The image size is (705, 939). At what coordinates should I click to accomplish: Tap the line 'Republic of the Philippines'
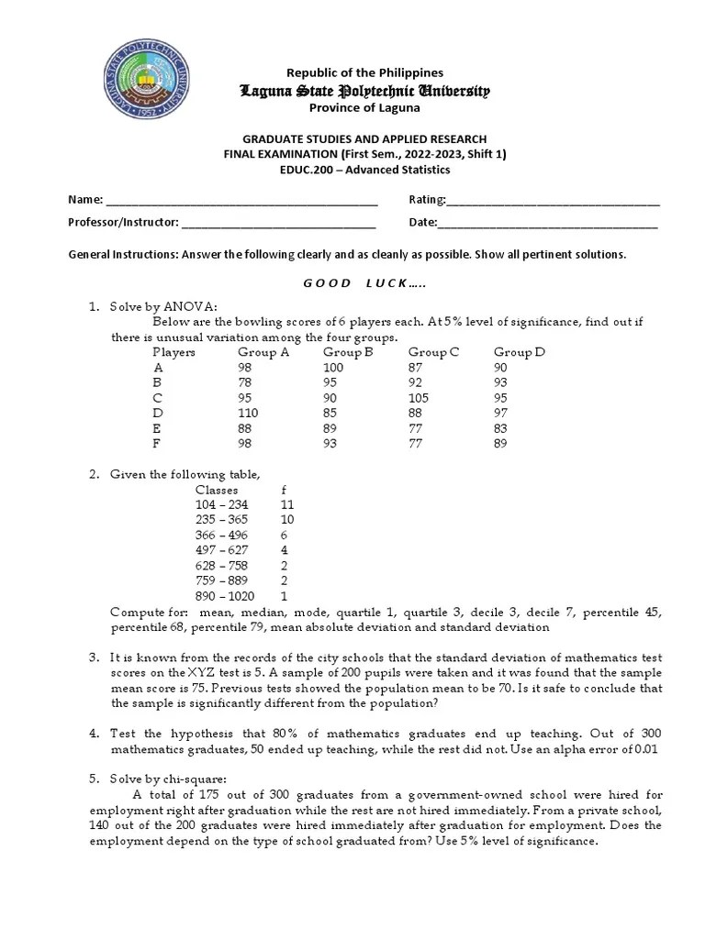tap(364, 72)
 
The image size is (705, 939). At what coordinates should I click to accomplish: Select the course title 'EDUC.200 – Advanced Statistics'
tap(364, 170)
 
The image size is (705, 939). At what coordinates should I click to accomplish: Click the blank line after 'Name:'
tap(242, 201)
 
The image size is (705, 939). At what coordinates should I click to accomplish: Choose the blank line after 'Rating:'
tap(554, 201)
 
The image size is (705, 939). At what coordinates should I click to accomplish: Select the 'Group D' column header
tap(519, 352)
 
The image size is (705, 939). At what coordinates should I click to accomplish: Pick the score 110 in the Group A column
tap(248, 413)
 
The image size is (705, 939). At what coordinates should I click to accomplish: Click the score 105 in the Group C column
tap(420, 398)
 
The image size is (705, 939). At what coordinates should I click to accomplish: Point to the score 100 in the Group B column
tap(336, 368)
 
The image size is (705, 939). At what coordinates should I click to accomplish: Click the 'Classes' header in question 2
tap(217, 491)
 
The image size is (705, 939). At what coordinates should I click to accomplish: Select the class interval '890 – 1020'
tap(225, 596)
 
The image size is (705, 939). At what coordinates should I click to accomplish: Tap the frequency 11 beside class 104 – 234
tap(286, 505)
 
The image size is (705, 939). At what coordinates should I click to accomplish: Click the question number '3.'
tap(94, 658)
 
